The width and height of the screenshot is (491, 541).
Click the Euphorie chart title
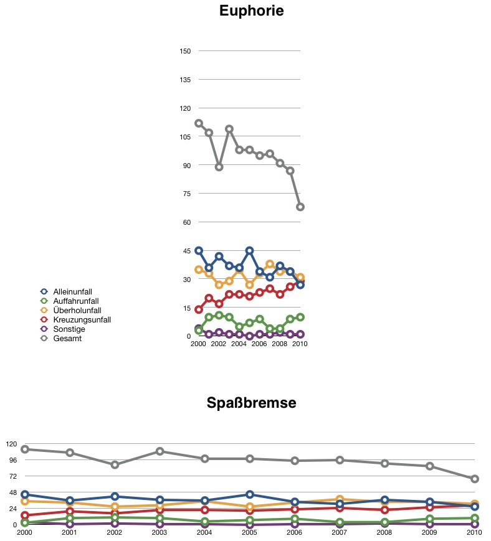(x=251, y=11)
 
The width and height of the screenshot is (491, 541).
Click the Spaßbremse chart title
(x=251, y=403)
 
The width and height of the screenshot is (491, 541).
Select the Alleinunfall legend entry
(x=66, y=291)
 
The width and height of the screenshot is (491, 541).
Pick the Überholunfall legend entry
(x=71, y=310)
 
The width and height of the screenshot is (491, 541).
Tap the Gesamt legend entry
(x=61, y=338)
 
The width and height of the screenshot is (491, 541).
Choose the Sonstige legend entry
(x=63, y=329)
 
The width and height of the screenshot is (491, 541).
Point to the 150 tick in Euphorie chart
(x=185, y=51)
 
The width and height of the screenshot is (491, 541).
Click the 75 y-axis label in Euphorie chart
(x=187, y=194)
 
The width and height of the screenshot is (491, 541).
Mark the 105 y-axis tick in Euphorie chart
(x=185, y=137)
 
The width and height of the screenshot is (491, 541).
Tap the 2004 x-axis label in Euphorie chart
(x=239, y=344)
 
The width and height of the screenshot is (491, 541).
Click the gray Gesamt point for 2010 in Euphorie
(x=300, y=207)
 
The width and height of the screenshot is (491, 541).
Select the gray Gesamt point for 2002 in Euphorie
(x=219, y=167)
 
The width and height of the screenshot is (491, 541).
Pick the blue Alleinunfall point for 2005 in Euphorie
(x=250, y=250)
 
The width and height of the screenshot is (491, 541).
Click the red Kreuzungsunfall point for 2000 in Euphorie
(x=199, y=309)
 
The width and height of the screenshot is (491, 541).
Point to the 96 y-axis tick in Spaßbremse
(x=13, y=460)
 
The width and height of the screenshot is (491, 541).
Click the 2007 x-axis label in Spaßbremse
(x=339, y=532)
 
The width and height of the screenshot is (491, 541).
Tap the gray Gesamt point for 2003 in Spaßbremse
(x=160, y=451)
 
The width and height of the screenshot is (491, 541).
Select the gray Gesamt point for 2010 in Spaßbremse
(x=475, y=479)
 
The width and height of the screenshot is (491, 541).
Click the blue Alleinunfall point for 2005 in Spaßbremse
(x=250, y=494)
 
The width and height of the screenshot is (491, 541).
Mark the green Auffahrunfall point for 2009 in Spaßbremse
(x=429, y=519)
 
